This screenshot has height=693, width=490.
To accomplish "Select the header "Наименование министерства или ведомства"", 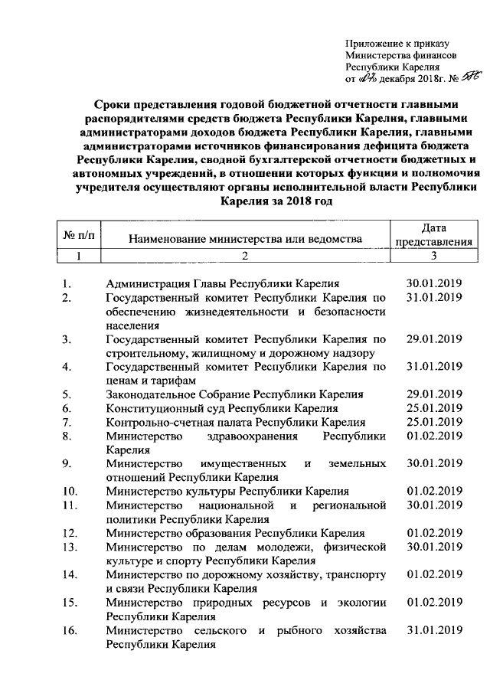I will (x=244, y=240).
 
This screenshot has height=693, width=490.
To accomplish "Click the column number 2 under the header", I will (x=244, y=255).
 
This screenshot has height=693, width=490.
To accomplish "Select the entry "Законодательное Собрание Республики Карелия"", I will (x=234, y=394).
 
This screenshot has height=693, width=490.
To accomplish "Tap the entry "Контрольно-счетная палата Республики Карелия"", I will (x=236, y=421).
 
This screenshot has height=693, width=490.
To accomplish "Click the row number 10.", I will (x=70, y=491).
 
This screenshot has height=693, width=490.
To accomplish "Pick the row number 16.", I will (x=70, y=629).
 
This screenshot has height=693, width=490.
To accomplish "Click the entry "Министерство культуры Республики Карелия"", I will (x=227, y=491).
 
